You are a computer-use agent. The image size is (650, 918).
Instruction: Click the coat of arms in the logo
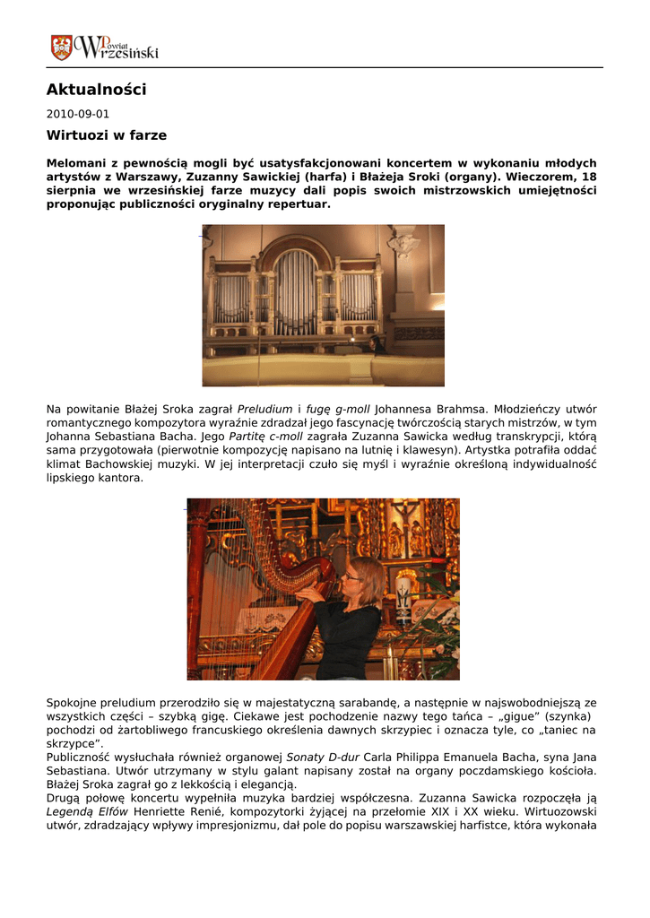(x=61, y=48)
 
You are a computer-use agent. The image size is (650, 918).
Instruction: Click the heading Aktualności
(x=96, y=90)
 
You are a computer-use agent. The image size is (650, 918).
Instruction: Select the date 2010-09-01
(x=77, y=114)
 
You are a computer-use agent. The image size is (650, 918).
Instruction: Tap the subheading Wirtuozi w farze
(x=106, y=135)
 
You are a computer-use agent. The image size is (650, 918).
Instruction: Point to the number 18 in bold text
(x=588, y=177)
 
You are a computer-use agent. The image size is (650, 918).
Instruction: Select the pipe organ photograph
(x=323, y=305)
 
